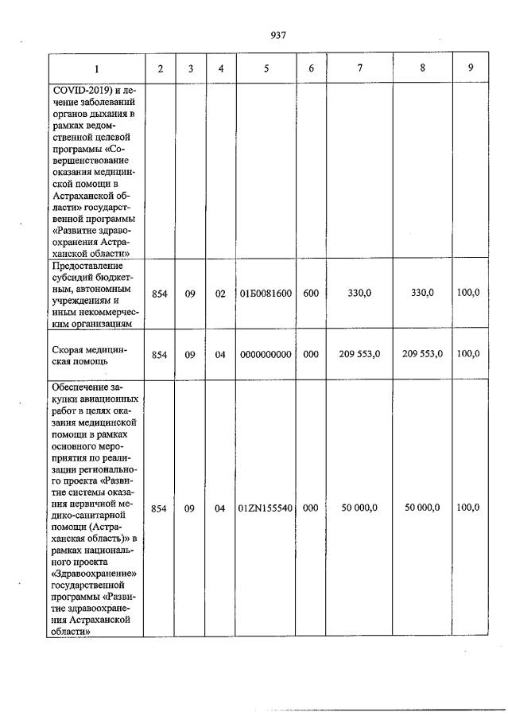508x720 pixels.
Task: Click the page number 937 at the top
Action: [277, 35]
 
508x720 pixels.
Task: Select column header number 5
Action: [266, 68]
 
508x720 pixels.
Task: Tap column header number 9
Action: [471, 68]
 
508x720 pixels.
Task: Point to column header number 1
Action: [96, 68]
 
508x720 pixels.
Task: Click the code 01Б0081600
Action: [266, 294]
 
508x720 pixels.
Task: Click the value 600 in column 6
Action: [311, 294]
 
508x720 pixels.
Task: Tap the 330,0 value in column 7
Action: [360, 294]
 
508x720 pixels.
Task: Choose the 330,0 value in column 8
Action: [422, 294]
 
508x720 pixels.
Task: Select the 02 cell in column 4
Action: [220, 294]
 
